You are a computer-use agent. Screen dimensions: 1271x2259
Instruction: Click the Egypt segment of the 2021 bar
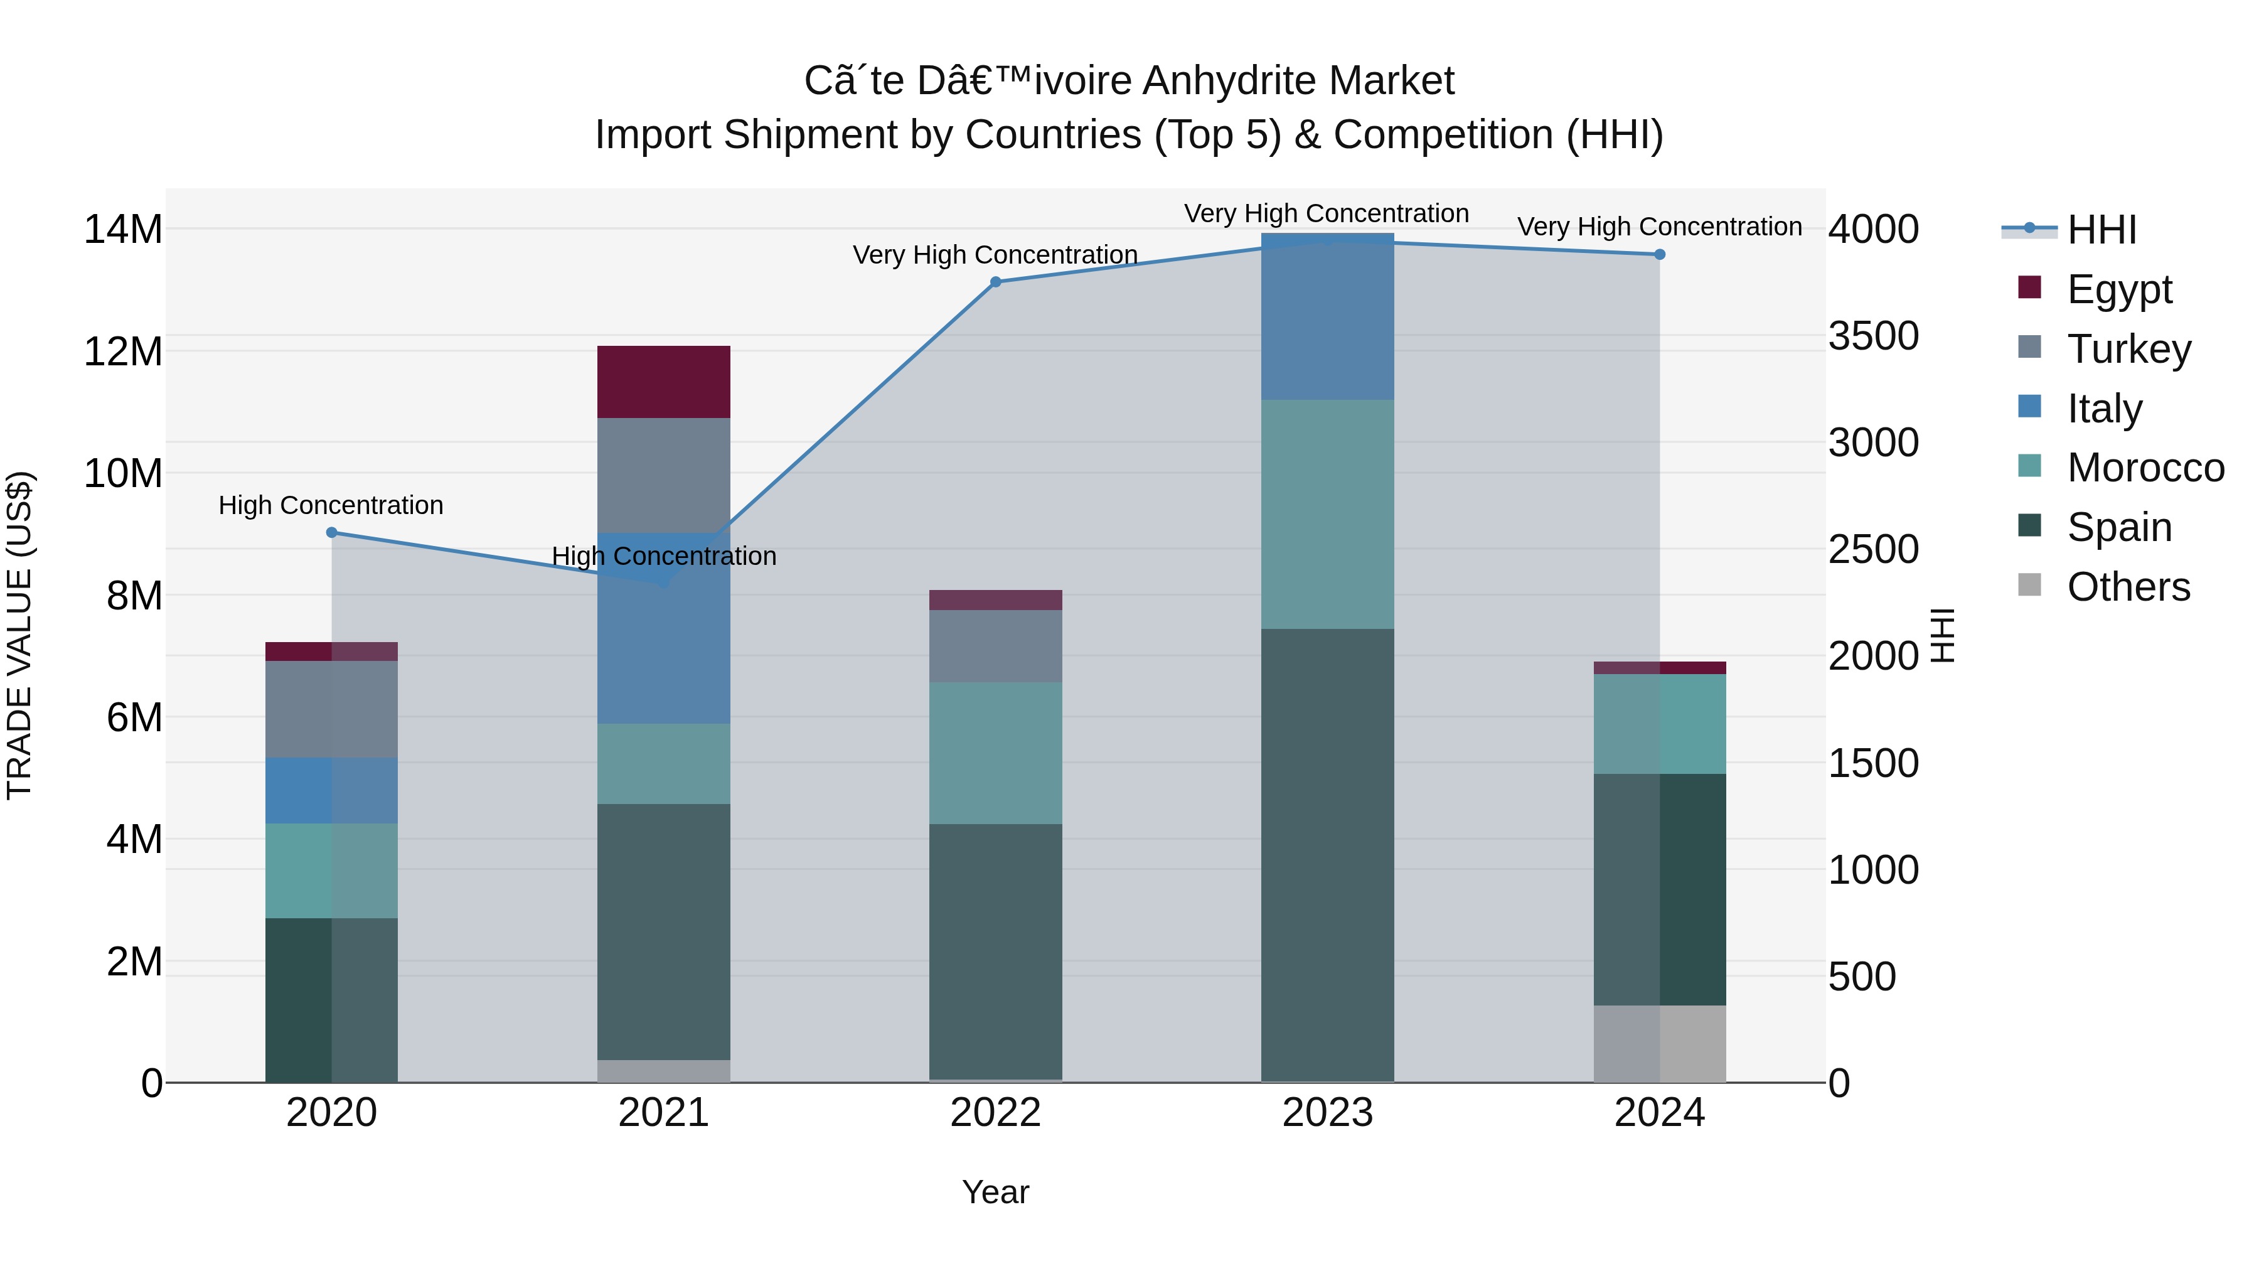click(x=663, y=382)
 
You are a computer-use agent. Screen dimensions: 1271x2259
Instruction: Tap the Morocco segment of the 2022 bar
click(x=995, y=753)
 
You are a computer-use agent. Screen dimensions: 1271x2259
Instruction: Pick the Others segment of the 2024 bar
click(x=1659, y=1043)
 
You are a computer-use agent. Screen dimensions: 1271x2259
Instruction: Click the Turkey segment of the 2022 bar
click(x=995, y=646)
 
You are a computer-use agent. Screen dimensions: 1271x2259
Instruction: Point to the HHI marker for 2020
click(x=331, y=532)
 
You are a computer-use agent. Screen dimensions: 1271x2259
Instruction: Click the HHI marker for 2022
click(x=995, y=282)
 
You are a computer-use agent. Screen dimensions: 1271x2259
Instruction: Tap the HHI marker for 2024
click(x=1659, y=254)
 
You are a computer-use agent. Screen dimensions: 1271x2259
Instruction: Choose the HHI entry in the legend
click(x=2101, y=230)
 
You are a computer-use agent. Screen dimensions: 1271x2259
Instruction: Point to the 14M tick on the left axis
click(x=123, y=229)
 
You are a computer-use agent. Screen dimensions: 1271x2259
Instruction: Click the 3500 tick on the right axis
click(x=1873, y=336)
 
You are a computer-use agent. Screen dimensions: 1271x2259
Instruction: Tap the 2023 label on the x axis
click(x=1327, y=1113)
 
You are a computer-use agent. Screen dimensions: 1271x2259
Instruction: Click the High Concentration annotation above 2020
click(x=331, y=505)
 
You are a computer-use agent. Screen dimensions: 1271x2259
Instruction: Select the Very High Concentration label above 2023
click(x=1326, y=213)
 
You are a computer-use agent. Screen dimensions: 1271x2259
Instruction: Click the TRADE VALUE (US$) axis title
click(x=19, y=635)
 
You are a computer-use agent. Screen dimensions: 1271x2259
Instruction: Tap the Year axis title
click(x=995, y=1192)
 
